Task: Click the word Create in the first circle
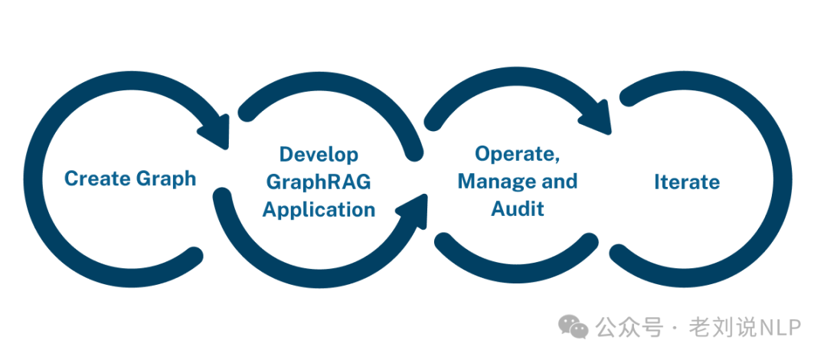tap(97, 178)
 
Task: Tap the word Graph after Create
tap(165, 179)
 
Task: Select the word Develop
tap(319, 155)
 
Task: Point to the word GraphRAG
tap(319, 182)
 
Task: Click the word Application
tap(319, 209)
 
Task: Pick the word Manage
tap(494, 182)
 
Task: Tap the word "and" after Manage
tap(558, 182)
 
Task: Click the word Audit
tap(518, 208)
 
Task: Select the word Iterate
tap(687, 182)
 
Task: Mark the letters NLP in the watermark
tap(780, 328)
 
